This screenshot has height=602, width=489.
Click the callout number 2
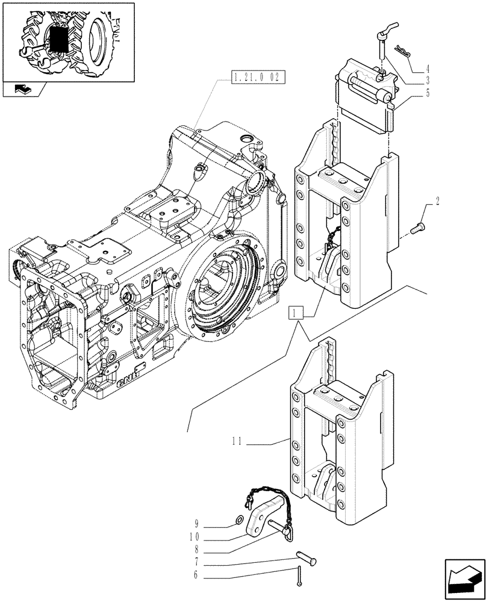click(x=437, y=201)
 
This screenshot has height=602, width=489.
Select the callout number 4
click(x=428, y=68)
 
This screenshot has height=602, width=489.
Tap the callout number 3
click(x=428, y=80)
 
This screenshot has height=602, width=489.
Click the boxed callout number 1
click(x=295, y=312)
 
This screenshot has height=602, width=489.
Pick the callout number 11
click(x=237, y=441)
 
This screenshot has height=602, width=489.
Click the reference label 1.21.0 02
click(x=257, y=77)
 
